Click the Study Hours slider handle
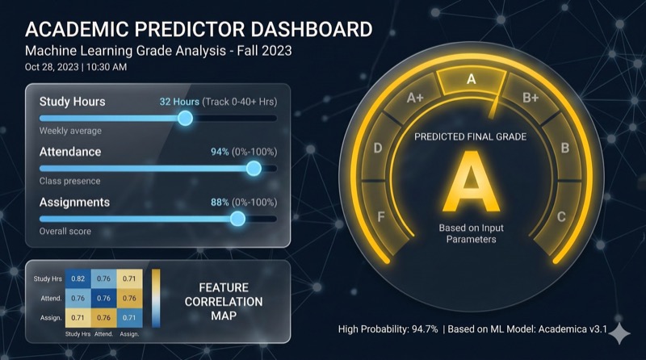click(185, 118)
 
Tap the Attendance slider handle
click(254, 168)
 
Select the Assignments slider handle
click(237, 218)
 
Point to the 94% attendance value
click(220, 152)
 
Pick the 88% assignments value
click(220, 202)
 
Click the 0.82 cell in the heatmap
click(78, 278)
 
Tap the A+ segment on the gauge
click(415, 98)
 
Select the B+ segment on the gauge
click(531, 98)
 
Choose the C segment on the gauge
click(560, 216)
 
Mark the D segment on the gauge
click(378, 148)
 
